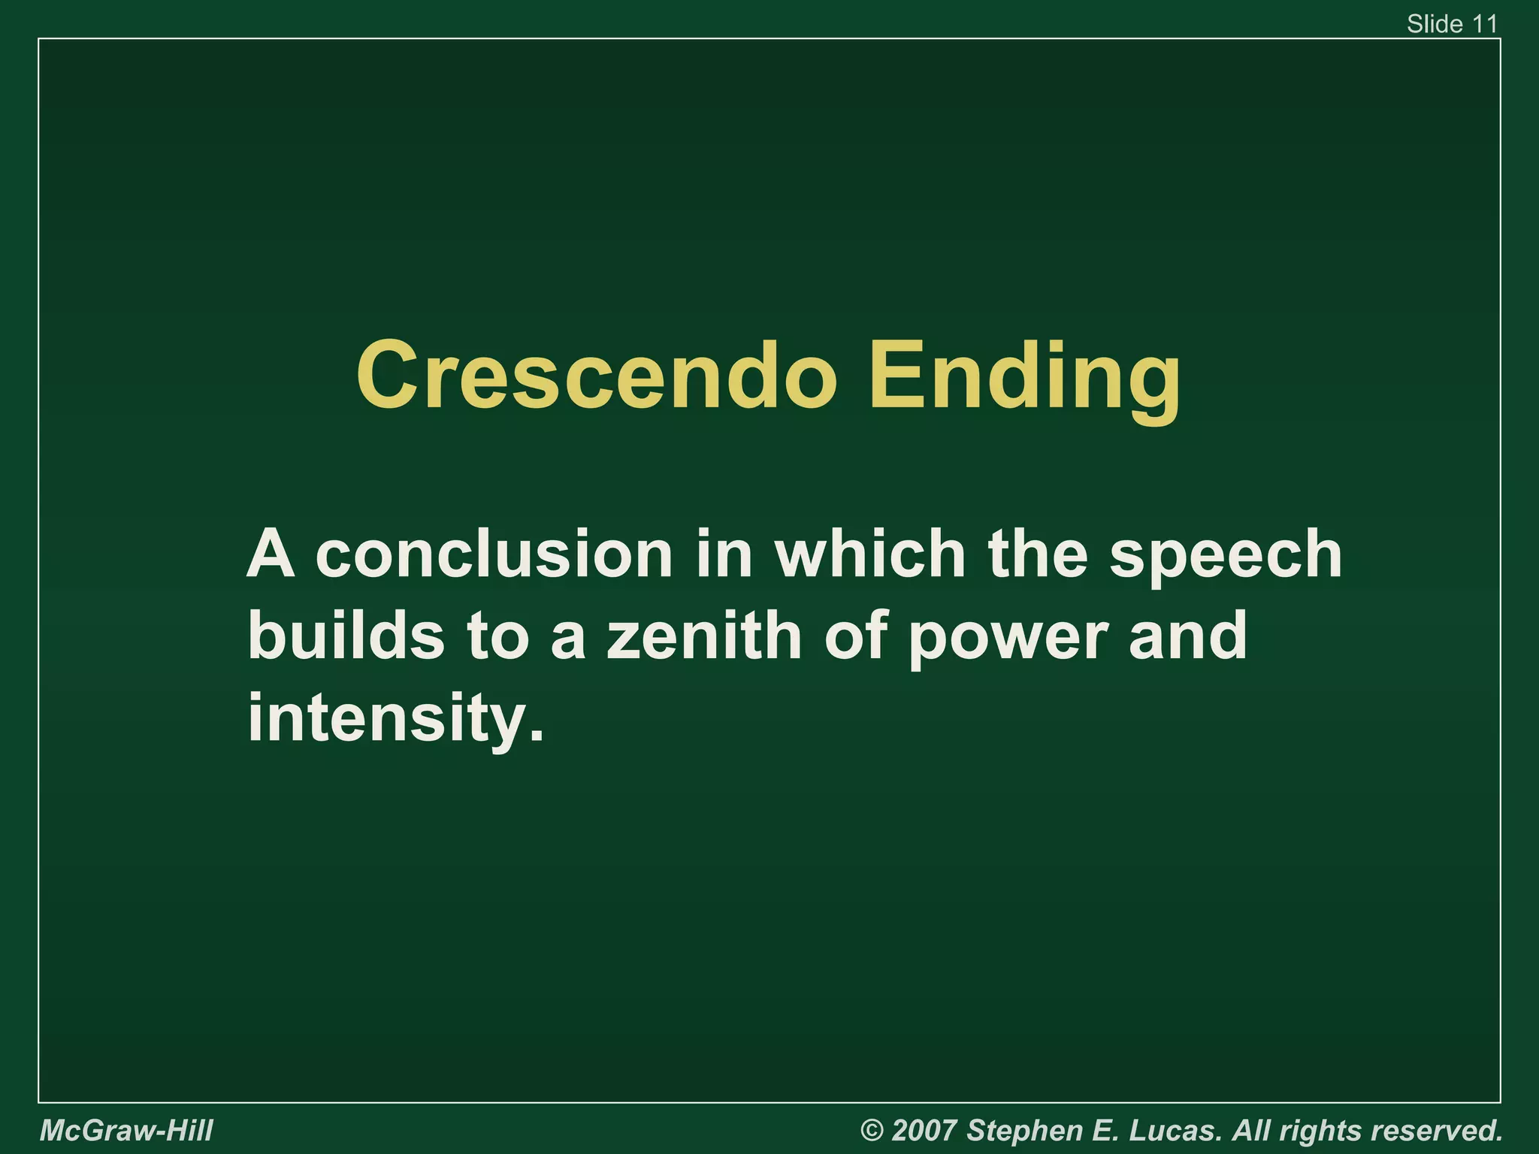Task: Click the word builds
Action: (346, 636)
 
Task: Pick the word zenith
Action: (704, 636)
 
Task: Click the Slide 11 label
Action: (1452, 24)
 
